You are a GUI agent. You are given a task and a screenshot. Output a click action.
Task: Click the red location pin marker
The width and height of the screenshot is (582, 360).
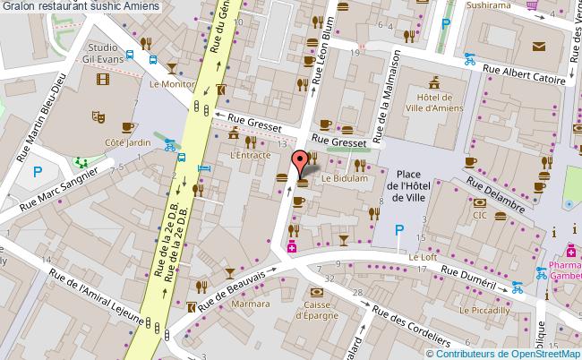click(298, 163)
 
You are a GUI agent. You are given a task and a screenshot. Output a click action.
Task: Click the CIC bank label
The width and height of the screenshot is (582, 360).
click(480, 215)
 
